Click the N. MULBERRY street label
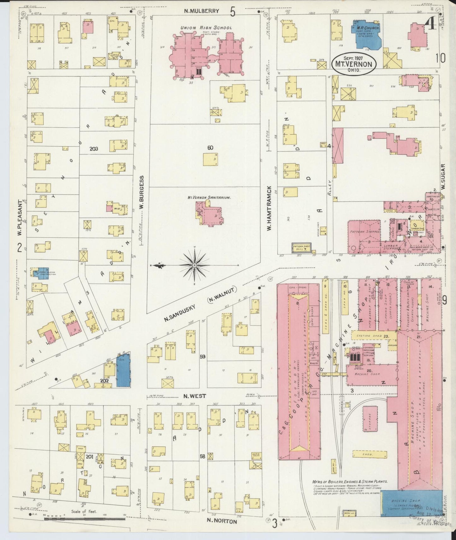pos(202,11)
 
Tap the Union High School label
pos(206,28)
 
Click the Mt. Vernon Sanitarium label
pos(209,197)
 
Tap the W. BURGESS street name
pos(142,192)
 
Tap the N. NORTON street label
pos(222,521)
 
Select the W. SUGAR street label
pos(443,177)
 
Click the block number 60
pos(210,147)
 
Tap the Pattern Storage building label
pos(364,232)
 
